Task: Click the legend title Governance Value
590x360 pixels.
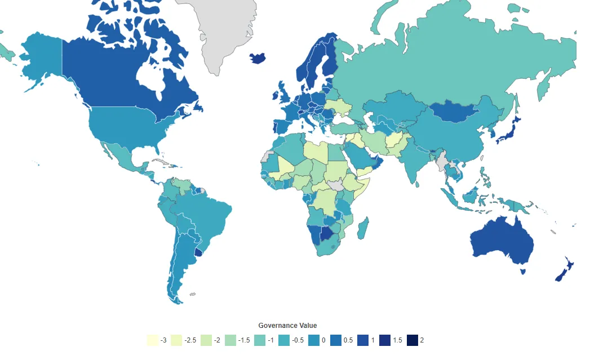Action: point(287,326)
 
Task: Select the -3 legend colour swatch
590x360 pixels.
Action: point(152,340)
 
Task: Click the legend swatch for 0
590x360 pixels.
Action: point(313,340)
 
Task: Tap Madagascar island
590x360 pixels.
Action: point(363,228)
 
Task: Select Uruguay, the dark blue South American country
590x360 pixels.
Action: point(198,251)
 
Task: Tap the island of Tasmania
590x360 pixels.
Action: point(524,272)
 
